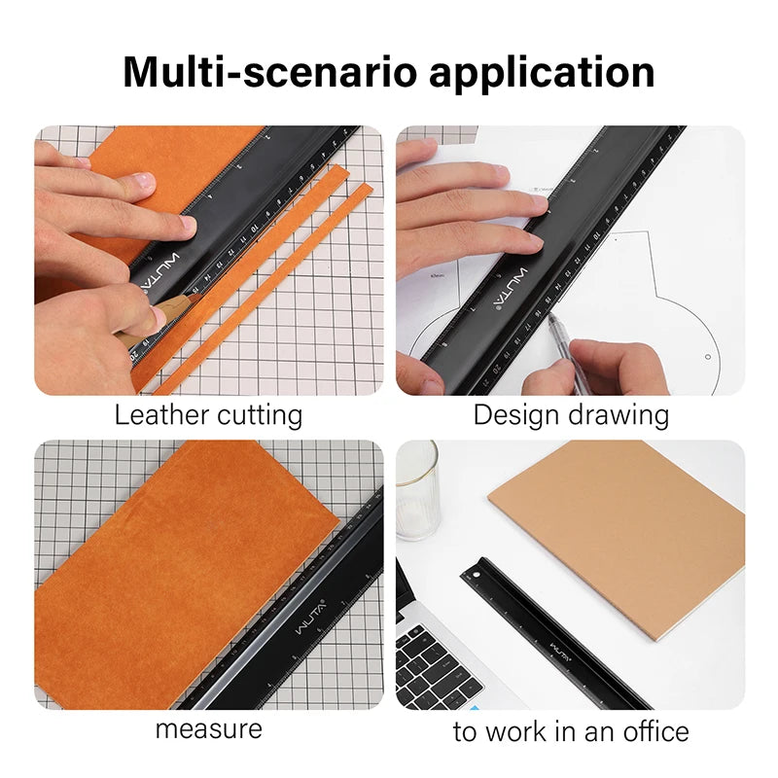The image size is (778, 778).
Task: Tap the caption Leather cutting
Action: (208, 415)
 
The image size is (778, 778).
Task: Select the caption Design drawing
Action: (571, 415)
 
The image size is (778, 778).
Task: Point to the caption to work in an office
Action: (571, 730)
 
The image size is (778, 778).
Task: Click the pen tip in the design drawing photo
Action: (549, 316)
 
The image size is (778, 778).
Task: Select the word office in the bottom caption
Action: (651, 730)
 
